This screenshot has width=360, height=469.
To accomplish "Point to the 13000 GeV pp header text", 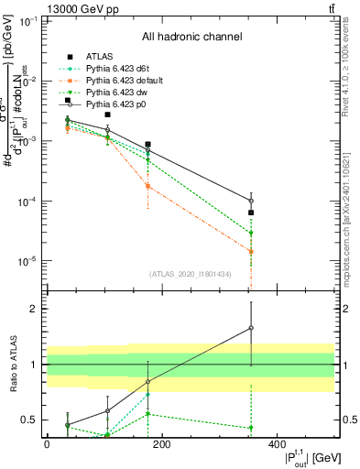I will click(x=48, y=8).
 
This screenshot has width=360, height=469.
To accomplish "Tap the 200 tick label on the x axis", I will click(x=161, y=444).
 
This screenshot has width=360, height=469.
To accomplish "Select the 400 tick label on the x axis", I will click(x=277, y=444).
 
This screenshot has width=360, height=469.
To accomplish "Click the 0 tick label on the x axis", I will click(x=47, y=444).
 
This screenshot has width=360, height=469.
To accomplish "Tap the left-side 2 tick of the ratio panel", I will click(x=34, y=309).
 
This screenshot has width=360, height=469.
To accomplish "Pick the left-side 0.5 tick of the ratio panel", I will click(x=29, y=420).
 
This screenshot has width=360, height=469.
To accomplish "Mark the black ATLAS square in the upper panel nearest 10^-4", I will click(x=251, y=213).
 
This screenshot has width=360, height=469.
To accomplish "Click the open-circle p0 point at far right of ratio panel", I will click(x=251, y=327).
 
